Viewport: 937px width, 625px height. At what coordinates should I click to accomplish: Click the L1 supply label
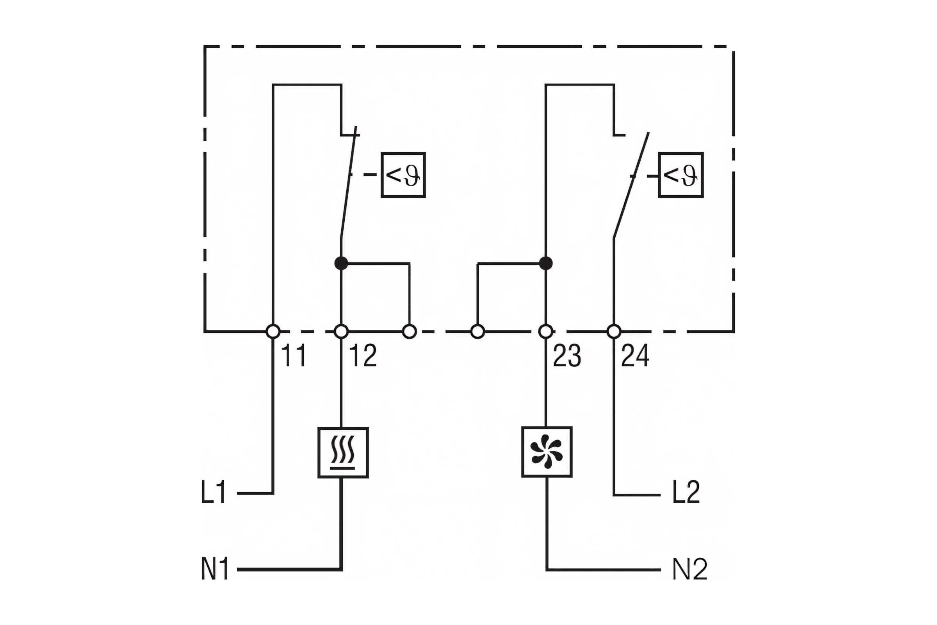214,491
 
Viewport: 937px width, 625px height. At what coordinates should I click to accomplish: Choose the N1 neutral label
215,568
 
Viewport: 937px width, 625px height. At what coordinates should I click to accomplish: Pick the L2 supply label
686,491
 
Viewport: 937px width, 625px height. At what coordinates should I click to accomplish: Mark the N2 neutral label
689,568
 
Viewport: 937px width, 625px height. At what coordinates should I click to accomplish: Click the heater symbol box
343,452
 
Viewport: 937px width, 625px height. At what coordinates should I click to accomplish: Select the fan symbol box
547,452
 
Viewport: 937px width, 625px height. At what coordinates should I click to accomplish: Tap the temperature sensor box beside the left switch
403,175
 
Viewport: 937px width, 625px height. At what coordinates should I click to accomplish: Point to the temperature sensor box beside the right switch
681,175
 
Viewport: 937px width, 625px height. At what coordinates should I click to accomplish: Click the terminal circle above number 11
273,331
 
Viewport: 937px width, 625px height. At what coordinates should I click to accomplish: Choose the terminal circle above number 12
341,331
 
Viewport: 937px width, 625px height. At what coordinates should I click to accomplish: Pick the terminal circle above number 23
546,331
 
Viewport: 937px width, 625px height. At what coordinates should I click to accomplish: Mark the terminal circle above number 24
614,331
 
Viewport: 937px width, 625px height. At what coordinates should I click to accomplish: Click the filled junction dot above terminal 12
341,263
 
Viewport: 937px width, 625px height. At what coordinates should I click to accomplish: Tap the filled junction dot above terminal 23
546,263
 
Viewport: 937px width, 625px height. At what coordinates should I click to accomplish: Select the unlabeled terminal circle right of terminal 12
410,331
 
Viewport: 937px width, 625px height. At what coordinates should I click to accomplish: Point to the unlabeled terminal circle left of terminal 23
477,331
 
